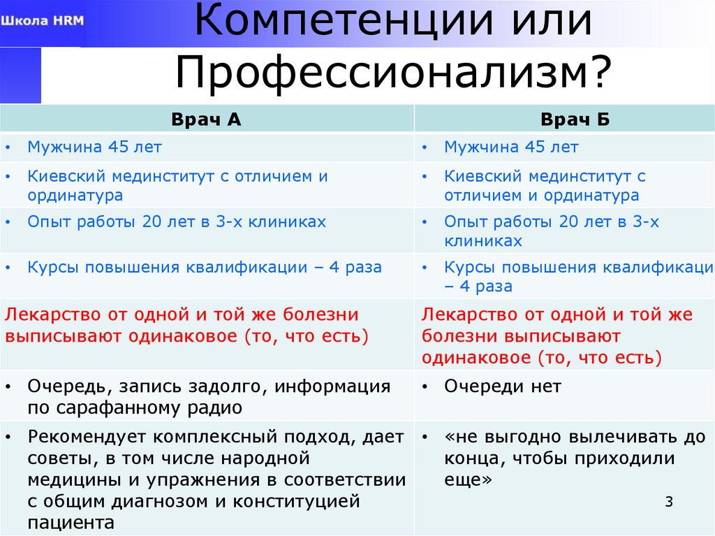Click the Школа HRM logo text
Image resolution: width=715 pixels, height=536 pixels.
[43, 20]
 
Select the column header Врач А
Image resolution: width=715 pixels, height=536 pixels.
[206, 119]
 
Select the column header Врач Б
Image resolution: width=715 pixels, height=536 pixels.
[575, 119]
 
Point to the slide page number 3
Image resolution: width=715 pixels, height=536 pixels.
[668, 502]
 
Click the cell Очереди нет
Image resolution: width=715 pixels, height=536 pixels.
[503, 386]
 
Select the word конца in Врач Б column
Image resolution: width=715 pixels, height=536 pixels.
[469, 459]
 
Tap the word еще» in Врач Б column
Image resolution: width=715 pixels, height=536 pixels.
[469, 481]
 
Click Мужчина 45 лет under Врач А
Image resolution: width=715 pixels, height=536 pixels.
[94, 147]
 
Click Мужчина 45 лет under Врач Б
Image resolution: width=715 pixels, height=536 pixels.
[511, 147]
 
